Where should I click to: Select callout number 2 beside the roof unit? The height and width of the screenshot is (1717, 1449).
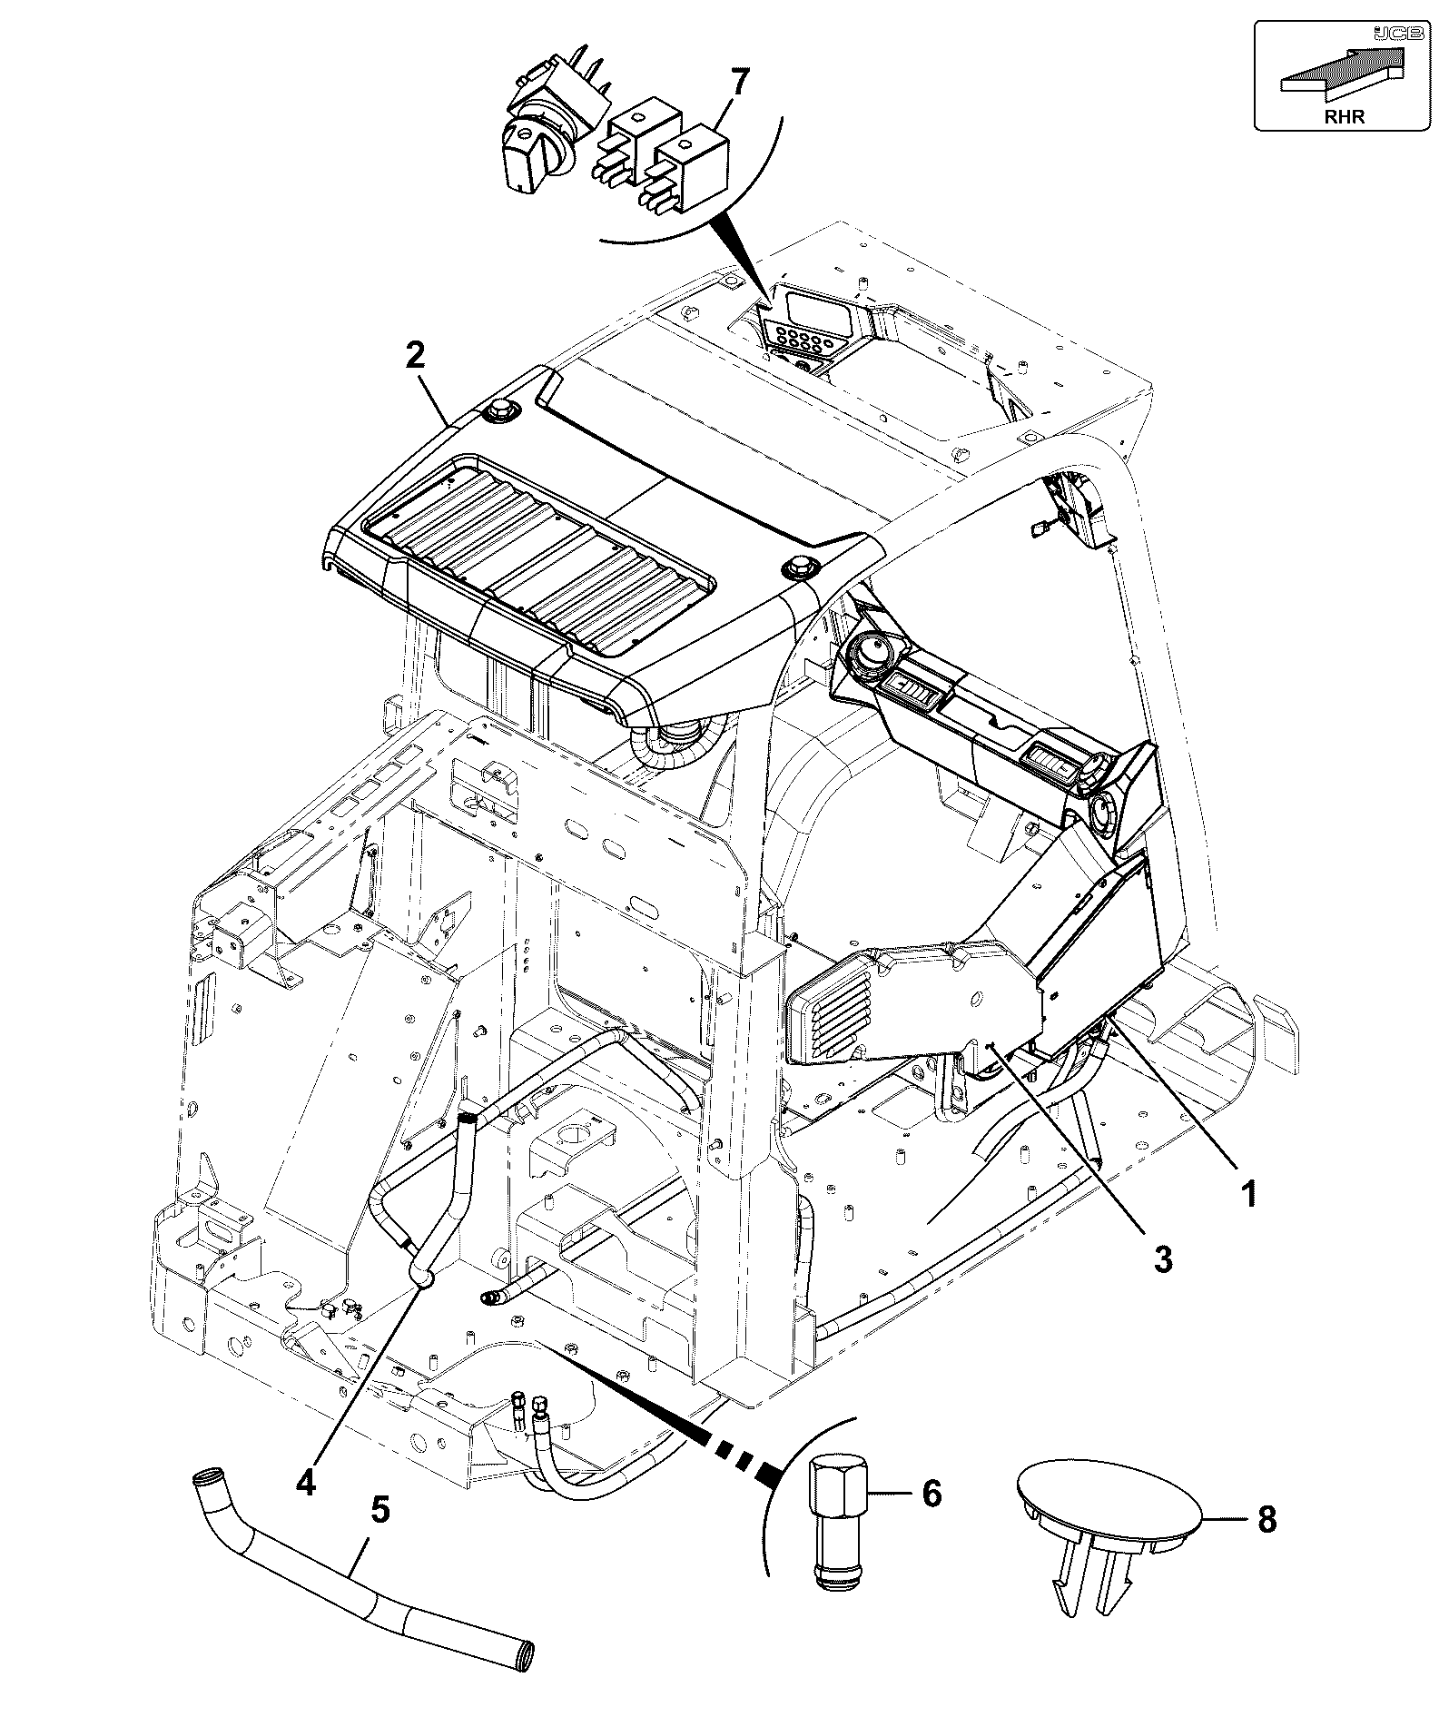414,355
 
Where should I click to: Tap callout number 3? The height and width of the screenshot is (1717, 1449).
1163,1259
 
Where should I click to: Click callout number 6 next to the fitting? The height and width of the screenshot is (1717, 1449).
931,1492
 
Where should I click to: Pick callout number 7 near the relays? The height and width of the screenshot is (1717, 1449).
740,84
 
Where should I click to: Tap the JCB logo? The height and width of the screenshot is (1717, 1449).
1387,33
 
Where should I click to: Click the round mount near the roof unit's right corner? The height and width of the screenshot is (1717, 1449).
799,567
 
